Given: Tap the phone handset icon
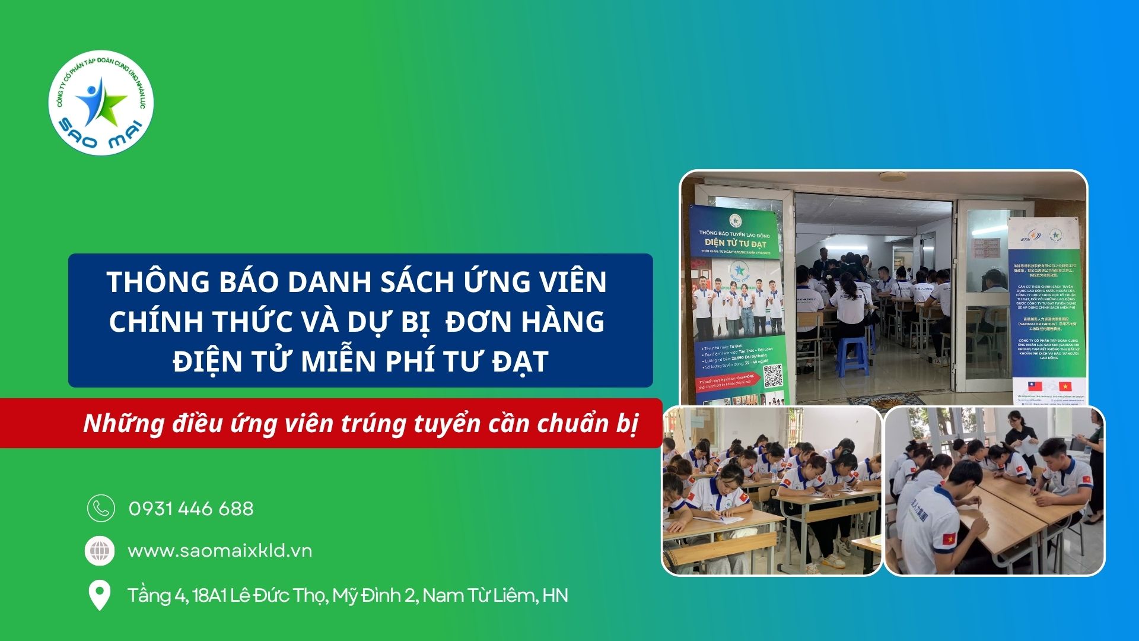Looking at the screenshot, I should [x=101, y=508].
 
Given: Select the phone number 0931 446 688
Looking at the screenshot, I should [x=191, y=509].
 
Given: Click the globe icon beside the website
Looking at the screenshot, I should [x=100, y=551].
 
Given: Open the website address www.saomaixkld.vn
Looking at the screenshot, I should [x=219, y=551].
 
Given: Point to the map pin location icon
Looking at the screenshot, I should [x=99, y=595].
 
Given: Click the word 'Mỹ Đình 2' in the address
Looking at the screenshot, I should [x=374, y=595].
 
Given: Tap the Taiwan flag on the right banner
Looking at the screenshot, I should [x=1035, y=387].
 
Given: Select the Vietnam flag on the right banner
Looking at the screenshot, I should [x=1065, y=387].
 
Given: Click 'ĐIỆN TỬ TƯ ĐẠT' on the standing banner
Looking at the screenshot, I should [x=735, y=244].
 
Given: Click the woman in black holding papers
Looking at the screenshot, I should [x=1020, y=438].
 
